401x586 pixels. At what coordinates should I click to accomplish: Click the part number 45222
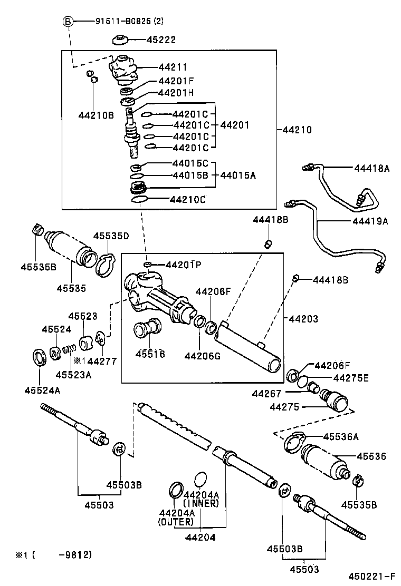pyautogui.click(x=161, y=40)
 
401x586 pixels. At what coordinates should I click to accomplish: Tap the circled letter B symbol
pyautogui.click(x=68, y=21)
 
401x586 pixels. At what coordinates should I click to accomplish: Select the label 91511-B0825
pyautogui.click(x=121, y=22)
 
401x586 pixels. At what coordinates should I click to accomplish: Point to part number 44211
pyautogui.click(x=173, y=67)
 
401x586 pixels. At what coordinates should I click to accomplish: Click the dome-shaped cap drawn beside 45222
pyautogui.click(x=122, y=40)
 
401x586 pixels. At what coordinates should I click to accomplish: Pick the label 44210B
pyautogui.click(x=96, y=114)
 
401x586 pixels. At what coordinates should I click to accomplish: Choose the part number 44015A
pyautogui.click(x=238, y=175)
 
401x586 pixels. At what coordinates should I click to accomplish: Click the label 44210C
pyautogui.click(x=187, y=200)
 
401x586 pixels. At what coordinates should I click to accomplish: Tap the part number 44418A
pyautogui.click(x=371, y=169)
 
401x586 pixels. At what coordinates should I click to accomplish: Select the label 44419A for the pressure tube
pyautogui.click(x=370, y=221)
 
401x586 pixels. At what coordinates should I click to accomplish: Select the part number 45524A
pyautogui.click(x=41, y=390)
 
